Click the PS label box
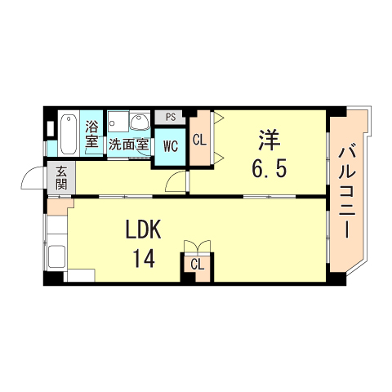(171, 118)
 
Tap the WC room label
(171, 146)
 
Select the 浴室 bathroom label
(91, 134)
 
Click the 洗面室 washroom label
(128, 145)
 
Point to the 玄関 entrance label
(61, 178)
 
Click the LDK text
(143, 229)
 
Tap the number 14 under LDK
(144, 259)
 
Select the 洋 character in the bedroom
(269, 140)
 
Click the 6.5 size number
(269, 168)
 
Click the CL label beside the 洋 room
(199, 140)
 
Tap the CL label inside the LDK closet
(198, 265)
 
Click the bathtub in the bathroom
(69, 134)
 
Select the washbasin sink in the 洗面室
(140, 122)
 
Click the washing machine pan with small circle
(118, 122)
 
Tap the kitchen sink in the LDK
(57, 256)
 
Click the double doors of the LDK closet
(198, 247)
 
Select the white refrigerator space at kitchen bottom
(81, 275)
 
